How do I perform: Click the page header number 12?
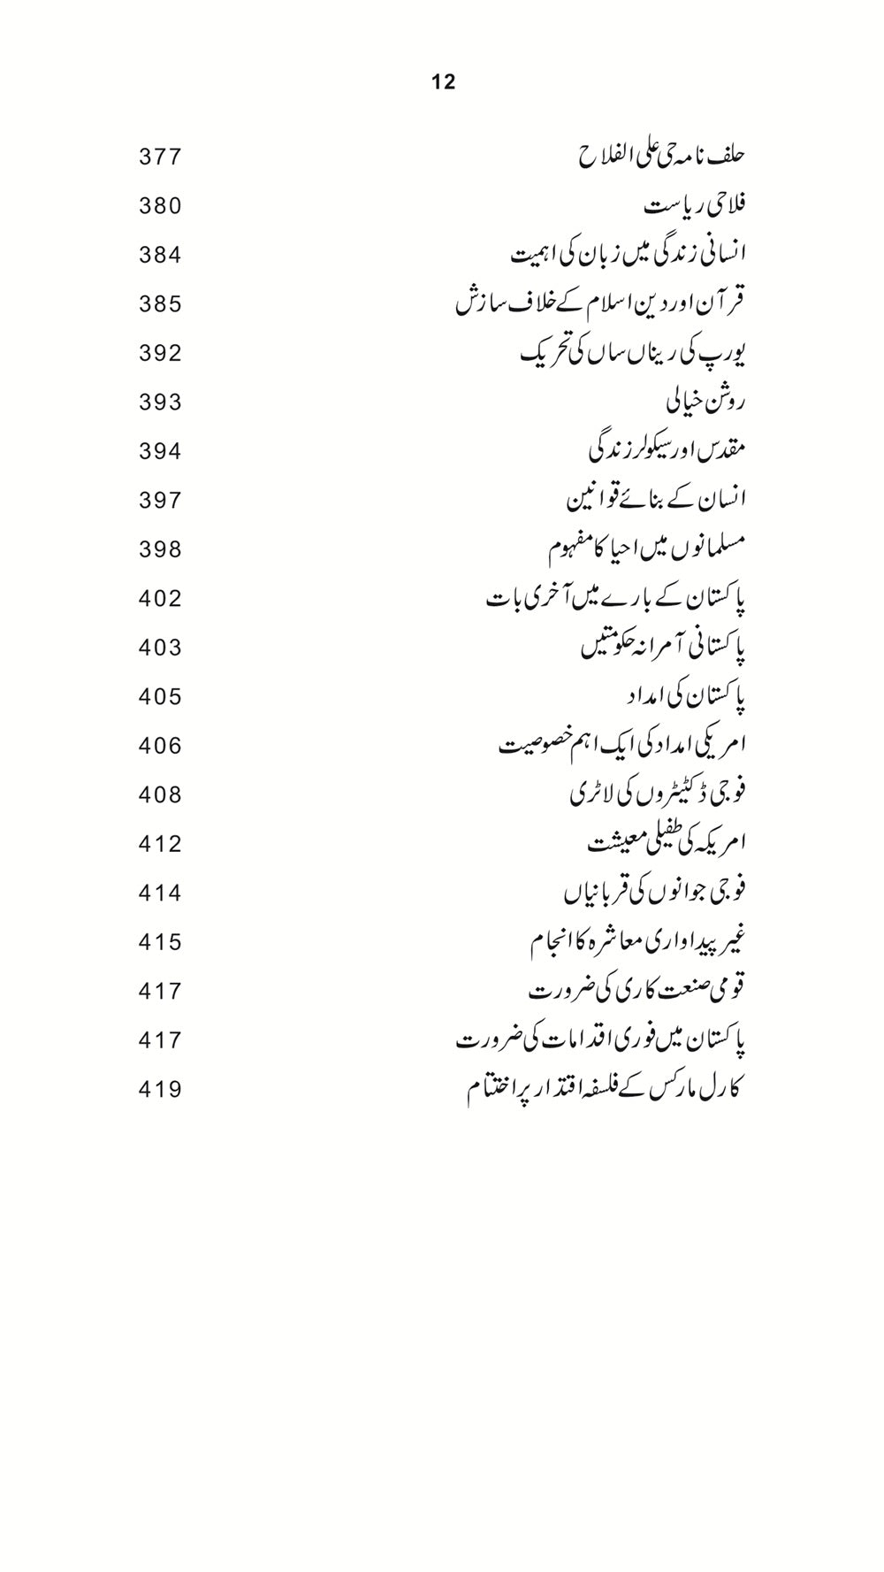(x=444, y=82)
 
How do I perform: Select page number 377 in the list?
(x=160, y=157)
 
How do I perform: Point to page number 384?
(x=160, y=256)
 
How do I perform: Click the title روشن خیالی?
(x=705, y=403)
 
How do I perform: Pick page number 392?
(x=160, y=354)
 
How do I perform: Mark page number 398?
(x=160, y=550)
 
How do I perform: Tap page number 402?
(x=160, y=599)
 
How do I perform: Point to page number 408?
(x=160, y=795)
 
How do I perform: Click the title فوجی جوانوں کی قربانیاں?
(x=655, y=893)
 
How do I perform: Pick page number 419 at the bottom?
(x=160, y=1090)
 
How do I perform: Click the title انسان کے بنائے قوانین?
(x=656, y=501)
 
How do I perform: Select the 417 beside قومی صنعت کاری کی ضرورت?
(x=160, y=992)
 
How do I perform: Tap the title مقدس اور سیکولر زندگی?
(x=667, y=451)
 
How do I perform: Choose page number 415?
(x=160, y=942)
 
